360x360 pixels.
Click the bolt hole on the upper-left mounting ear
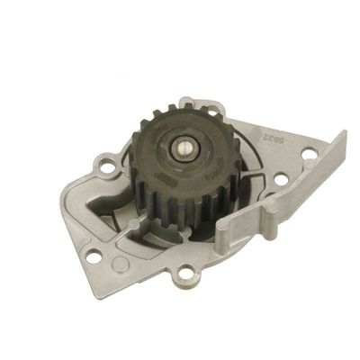tap(107, 167)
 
